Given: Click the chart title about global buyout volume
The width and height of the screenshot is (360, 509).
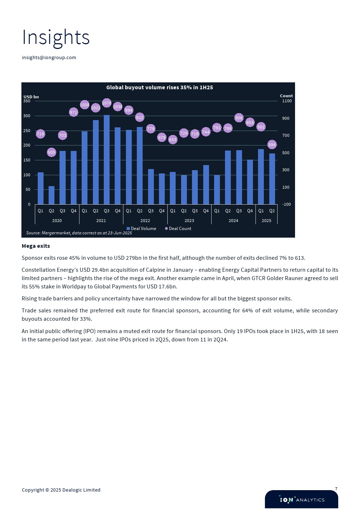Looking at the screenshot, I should [159, 87].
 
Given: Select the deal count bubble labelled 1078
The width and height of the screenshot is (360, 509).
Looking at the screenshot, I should [107, 103].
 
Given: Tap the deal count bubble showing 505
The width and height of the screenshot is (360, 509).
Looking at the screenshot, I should [52, 152].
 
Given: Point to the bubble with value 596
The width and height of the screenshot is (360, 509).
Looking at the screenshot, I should [272, 145].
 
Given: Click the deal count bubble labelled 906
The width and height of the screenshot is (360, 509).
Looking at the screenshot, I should [239, 118].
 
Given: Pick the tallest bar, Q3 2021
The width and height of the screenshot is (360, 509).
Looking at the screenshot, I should [107, 160].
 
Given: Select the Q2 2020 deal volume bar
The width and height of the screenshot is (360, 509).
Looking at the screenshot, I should [52, 195].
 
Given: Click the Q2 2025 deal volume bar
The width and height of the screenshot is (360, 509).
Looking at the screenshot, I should [272, 179].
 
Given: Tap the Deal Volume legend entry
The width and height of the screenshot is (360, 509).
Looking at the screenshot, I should [142, 229].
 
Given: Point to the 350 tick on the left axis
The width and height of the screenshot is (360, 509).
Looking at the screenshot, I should [27, 101].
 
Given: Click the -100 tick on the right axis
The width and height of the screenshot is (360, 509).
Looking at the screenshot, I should [287, 205].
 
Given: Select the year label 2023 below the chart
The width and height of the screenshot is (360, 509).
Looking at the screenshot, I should [189, 221].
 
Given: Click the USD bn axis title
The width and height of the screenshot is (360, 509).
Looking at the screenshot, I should [31, 97].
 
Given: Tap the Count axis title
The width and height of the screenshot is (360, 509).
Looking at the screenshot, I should [286, 96].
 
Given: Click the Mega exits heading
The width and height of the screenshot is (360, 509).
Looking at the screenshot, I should [36, 246].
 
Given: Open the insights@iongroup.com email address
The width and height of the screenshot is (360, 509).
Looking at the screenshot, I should [49, 57].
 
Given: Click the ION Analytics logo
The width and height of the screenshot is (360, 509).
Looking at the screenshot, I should [302, 500].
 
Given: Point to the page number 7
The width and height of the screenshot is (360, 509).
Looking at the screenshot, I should [336, 489].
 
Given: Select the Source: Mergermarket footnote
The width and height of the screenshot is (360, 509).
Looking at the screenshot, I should [79, 233].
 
